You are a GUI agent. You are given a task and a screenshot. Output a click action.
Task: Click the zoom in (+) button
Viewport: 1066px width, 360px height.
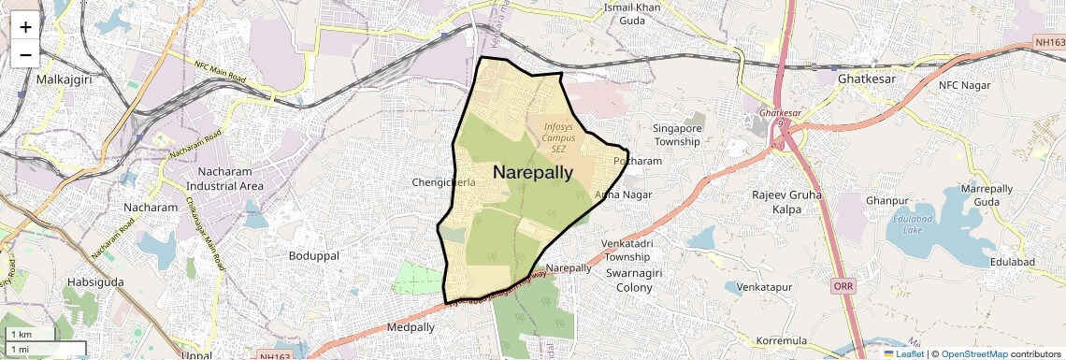point(25,27)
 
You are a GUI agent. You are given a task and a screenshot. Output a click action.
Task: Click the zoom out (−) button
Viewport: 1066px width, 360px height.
point(25,54)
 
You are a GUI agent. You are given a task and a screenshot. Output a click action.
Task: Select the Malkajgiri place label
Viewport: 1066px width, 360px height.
point(61,79)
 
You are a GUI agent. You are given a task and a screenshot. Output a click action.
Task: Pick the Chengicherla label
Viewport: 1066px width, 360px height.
point(444,182)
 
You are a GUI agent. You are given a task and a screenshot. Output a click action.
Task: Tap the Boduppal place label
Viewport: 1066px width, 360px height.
point(314,255)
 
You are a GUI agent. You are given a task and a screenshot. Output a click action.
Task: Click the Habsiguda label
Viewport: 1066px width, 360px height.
point(96,281)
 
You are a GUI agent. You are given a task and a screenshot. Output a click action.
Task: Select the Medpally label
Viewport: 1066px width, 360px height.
point(411,328)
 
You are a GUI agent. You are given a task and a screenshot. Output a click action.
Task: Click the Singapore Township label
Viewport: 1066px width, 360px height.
point(677,135)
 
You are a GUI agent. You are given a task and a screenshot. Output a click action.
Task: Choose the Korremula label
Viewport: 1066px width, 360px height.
point(781,341)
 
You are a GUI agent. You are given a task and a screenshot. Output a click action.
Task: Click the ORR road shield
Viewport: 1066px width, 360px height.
point(843,284)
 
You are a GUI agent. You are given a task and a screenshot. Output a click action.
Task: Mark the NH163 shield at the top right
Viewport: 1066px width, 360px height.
point(1049,43)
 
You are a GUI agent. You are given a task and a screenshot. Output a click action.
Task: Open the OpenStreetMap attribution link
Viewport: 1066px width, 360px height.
point(973,353)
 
